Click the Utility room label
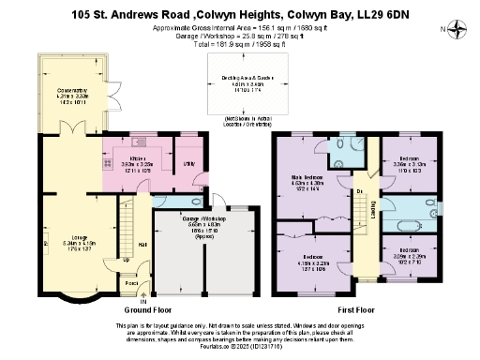click(187, 163)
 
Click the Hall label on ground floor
click(143, 245)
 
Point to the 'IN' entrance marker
click(143, 300)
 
